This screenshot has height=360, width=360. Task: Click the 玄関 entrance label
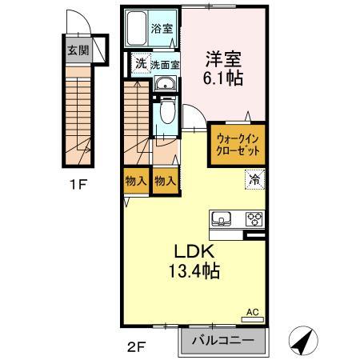[78, 50]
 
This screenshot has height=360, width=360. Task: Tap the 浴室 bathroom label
[162, 29]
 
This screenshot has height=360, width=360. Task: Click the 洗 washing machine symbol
[140, 64]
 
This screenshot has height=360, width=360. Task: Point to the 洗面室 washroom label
[165, 65]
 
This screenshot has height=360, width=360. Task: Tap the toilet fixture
[166, 114]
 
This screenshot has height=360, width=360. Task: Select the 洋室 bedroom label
[223, 58]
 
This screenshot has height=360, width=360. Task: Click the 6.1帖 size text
[224, 79]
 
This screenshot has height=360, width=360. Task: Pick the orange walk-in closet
[238, 143]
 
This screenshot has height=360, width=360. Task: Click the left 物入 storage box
[136, 181]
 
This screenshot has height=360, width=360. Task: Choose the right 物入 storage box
[164, 181]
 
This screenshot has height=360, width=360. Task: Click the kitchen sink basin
[222, 218]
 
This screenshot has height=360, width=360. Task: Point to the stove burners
[254, 218]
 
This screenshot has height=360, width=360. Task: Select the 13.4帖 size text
[193, 272]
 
